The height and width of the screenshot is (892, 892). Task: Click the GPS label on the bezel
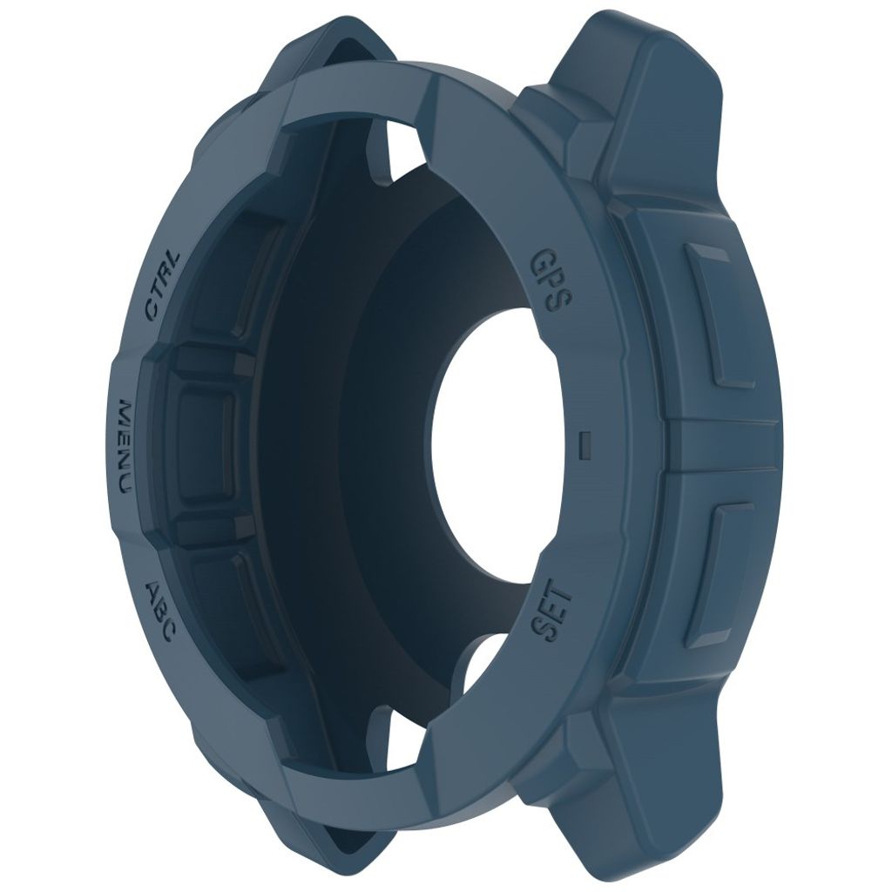[551, 280]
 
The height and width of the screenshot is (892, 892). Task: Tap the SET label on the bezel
[551, 614]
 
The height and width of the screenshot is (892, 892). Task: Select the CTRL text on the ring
[163, 287]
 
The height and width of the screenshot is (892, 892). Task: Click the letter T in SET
[562, 597]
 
